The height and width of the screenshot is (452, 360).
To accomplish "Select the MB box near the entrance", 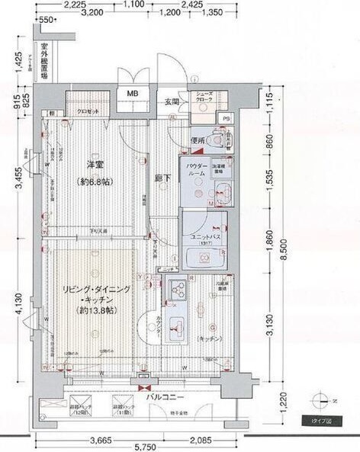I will tap(133, 95).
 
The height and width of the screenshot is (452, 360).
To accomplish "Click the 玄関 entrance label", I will tap(171, 102).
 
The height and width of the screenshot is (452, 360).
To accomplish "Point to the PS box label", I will tap(226, 119).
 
